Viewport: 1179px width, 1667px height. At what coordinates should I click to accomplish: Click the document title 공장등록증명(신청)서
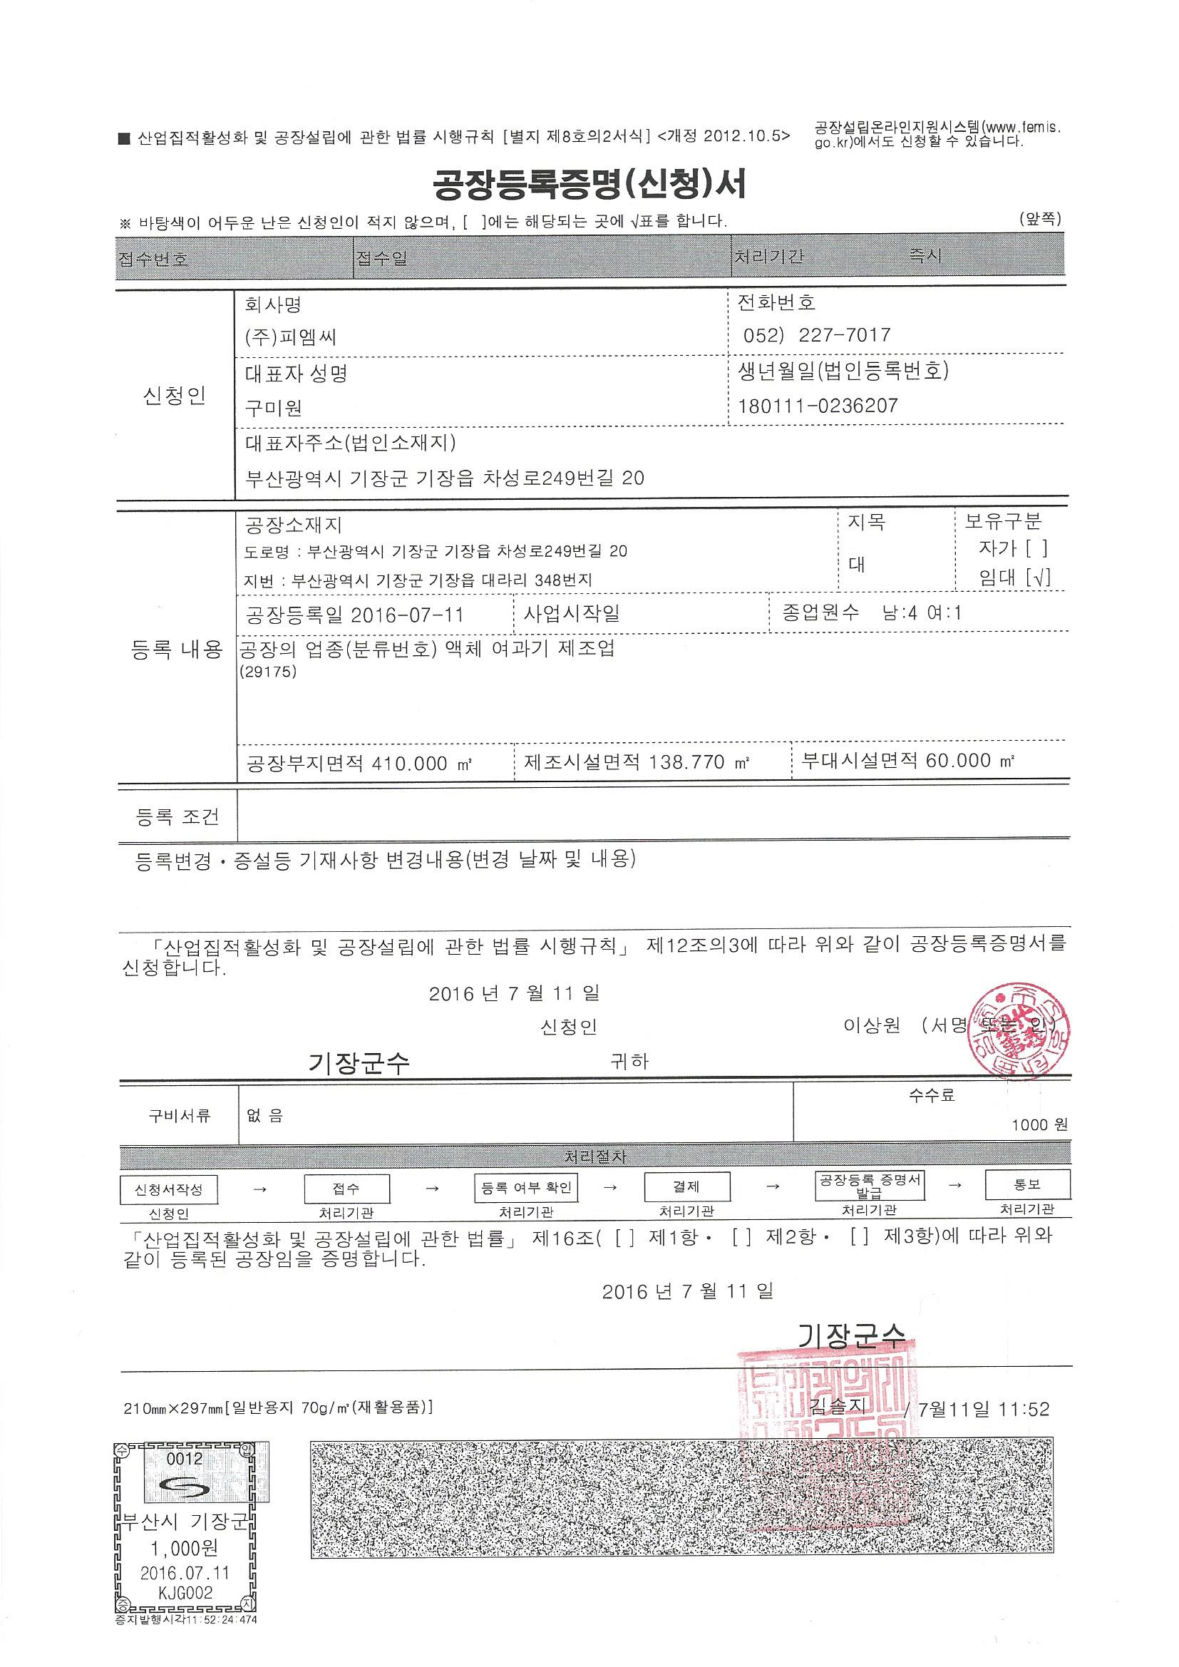[589, 185]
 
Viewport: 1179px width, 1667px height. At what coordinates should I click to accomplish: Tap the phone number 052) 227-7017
[816, 334]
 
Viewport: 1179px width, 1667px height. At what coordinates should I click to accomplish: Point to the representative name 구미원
[273, 407]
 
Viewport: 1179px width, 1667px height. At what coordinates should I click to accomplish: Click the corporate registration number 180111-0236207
[818, 405]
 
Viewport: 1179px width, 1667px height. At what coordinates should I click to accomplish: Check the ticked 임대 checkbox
[1038, 578]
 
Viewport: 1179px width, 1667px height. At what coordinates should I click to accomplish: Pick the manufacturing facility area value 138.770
[686, 761]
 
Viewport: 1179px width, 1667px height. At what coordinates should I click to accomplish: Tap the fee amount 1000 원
[1039, 1124]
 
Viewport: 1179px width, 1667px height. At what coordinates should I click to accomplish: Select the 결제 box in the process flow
[686, 1187]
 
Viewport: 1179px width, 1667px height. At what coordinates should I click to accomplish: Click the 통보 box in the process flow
[1026, 1184]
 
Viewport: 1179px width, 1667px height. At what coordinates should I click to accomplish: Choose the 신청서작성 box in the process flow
[168, 1189]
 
